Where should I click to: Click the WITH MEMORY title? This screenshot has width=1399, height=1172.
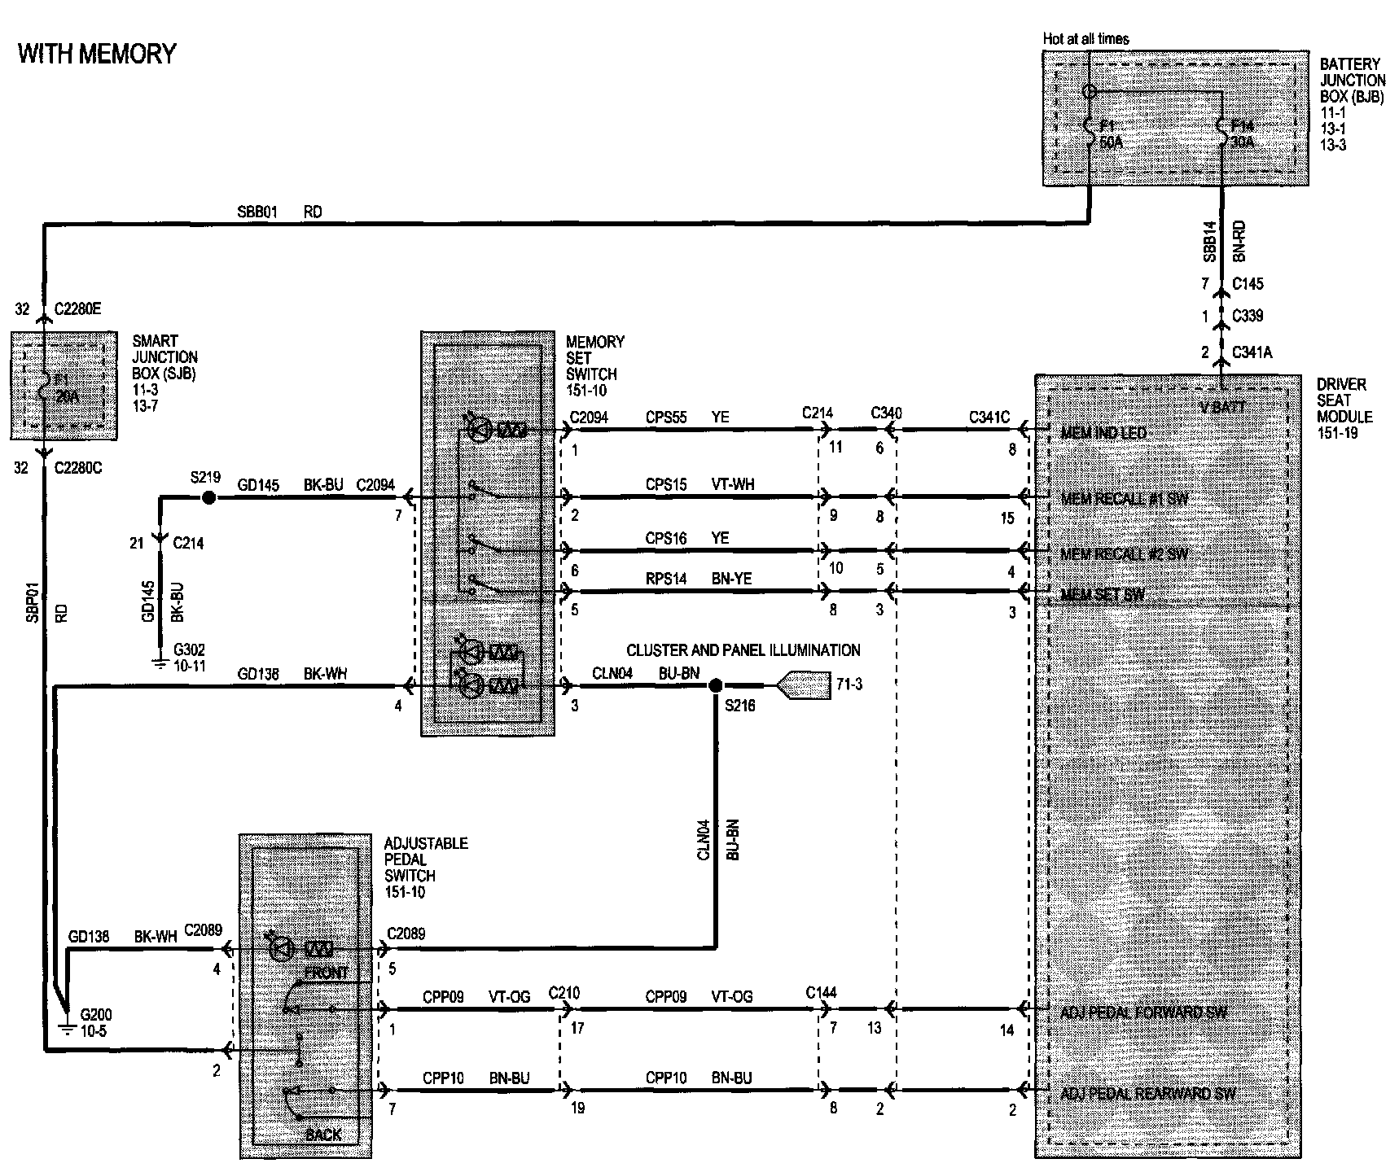point(97,54)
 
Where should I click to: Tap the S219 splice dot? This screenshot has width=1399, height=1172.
point(208,497)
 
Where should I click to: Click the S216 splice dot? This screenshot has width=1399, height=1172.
point(716,685)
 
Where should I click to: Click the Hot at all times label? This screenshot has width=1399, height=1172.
point(1085,39)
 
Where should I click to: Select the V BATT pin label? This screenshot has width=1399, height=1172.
point(1223,407)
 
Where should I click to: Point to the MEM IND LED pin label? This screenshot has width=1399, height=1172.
point(1103,433)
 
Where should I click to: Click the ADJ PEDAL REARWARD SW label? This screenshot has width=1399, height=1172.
point(1147,1093)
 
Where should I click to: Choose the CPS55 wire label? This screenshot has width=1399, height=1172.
point(666,418)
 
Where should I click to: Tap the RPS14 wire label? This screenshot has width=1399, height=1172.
point(666,579)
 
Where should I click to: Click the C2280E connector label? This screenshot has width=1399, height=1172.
point(78,309)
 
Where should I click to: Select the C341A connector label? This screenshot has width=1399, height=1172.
point(1252,352)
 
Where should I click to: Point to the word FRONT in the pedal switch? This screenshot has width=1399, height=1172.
point(326,973)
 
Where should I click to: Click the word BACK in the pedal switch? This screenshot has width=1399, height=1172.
point(323,1135)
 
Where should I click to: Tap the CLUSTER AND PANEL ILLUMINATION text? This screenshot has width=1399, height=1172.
point(743,650)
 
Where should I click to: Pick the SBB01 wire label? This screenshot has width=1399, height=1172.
point(257,212)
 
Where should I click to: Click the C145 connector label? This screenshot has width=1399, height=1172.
point(1248,284)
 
